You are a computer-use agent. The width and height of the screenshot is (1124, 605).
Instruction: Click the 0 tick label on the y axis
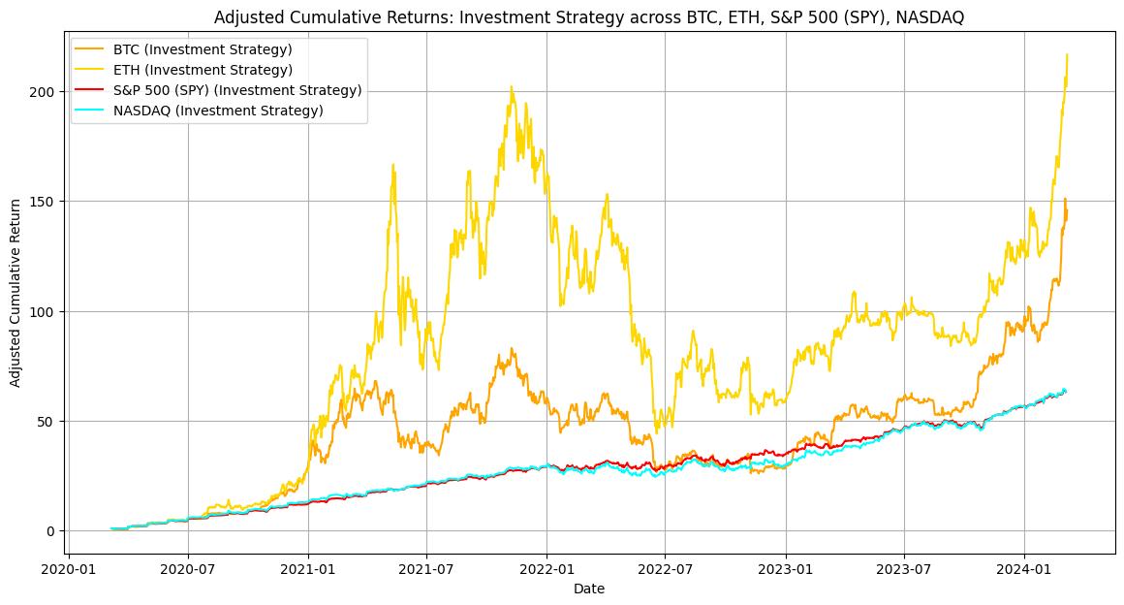pyautogui.click(x=52, y=531)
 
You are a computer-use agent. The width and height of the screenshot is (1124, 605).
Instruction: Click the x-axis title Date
pyautogui.click(x=588, y=589)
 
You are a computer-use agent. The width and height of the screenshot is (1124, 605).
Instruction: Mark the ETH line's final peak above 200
pyautogui.click(x=1067, y=54)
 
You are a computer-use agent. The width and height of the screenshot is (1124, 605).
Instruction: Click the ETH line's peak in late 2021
pyautogui.click(x=512, y=87)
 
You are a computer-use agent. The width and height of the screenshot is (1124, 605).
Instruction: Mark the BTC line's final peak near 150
pyautogui.click(x=1065, y=200)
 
